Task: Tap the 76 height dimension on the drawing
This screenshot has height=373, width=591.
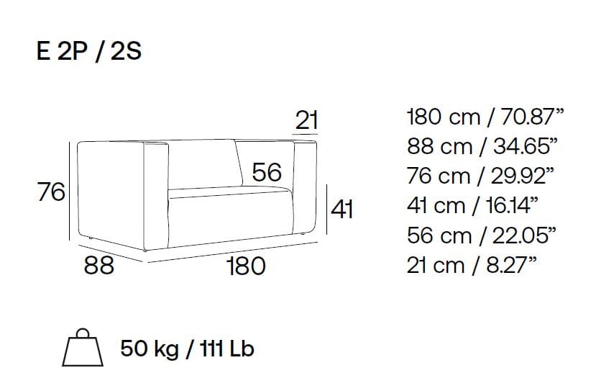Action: click(x=51, y=192)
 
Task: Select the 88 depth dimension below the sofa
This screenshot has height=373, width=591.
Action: click(x=98, y=265)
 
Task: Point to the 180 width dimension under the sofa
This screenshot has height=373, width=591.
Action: click(x=247, y=266)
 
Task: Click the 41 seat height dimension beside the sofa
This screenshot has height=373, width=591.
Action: click(x=342, y=210)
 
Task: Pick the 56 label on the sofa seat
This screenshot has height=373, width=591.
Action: click(x=267, y=172)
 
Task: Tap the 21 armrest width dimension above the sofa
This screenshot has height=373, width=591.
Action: click(x=306, y=120)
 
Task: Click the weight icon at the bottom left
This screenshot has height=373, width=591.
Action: click(x=83, y=347)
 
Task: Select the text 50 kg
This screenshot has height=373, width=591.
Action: click(x=150, y=349)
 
